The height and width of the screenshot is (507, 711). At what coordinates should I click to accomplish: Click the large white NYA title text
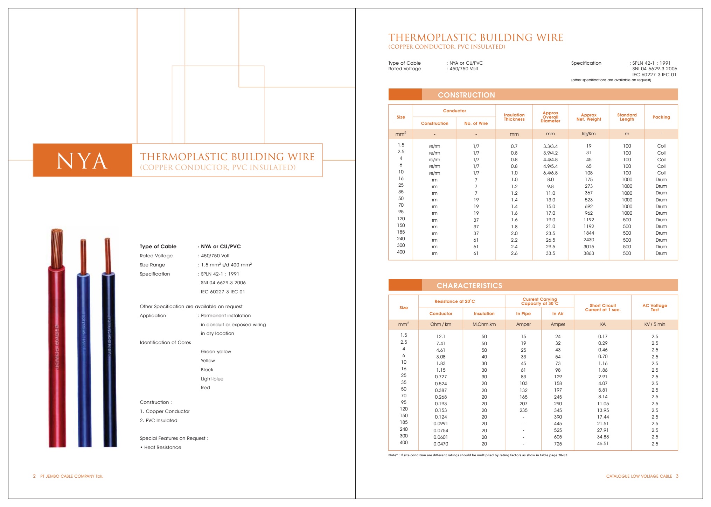(82, 161)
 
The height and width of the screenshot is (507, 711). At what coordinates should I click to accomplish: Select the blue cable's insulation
(84, 360)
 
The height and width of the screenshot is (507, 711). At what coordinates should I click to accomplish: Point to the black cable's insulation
(109, 360)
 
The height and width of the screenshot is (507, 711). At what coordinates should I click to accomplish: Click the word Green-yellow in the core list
(216, 351)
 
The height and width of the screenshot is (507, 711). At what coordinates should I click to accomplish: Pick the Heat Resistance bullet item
(162, 447)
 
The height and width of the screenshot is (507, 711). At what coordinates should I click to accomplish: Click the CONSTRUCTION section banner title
(466, 95)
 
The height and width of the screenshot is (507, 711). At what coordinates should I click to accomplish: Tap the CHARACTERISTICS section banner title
(469, 285)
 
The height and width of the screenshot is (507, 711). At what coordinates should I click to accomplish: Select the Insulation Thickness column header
(514, 117)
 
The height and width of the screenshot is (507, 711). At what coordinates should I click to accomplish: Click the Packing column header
(661, 117)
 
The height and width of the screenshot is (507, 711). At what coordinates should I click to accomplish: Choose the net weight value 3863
(588, 253)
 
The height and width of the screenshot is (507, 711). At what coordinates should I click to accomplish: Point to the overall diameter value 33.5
(550, 253)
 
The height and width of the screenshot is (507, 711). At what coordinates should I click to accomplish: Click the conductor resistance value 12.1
(440, 336)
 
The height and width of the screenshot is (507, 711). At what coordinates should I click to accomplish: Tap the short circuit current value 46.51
(602, 443)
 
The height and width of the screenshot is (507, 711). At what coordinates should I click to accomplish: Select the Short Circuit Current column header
(602, 307)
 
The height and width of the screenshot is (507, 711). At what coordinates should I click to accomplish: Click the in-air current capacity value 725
(558, 444)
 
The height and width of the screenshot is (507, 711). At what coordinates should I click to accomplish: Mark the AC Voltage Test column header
(654, 307)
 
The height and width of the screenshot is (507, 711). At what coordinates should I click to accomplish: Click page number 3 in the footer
(677, 476)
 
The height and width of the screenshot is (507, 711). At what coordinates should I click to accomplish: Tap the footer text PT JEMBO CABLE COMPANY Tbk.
(71, 476)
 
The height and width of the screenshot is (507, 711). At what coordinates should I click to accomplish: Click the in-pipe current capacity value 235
(523, 410)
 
